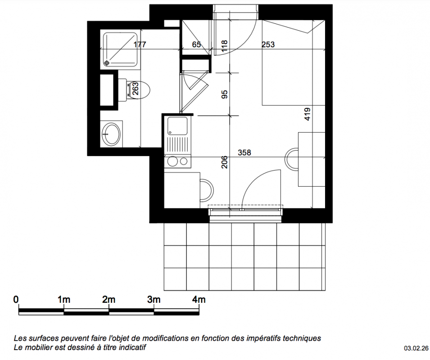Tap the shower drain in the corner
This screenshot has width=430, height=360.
point(107,63)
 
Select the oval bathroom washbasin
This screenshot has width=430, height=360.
point(111,134)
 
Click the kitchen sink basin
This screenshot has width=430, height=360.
point(177,126)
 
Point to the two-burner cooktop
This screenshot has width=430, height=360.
point(177,162)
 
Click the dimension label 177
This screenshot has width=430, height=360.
point(140,45)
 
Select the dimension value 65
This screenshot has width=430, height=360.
point(196,45)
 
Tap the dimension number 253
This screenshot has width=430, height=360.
point(268,45)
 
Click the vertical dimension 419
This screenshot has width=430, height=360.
point(307,114)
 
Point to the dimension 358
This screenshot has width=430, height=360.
point(244,153)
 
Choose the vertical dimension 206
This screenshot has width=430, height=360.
point(224,162)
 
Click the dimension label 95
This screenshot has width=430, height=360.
point(224,94)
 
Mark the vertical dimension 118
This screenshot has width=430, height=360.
point(224,46)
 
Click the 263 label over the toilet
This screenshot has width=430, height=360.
point(136,89)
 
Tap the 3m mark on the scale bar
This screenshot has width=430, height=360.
point(154,299)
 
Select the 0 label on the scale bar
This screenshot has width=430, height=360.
point(16,299)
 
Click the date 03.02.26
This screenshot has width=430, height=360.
point(416,348)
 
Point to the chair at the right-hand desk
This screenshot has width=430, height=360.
point(292,159)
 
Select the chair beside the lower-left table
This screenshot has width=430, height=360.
point(207,190)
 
